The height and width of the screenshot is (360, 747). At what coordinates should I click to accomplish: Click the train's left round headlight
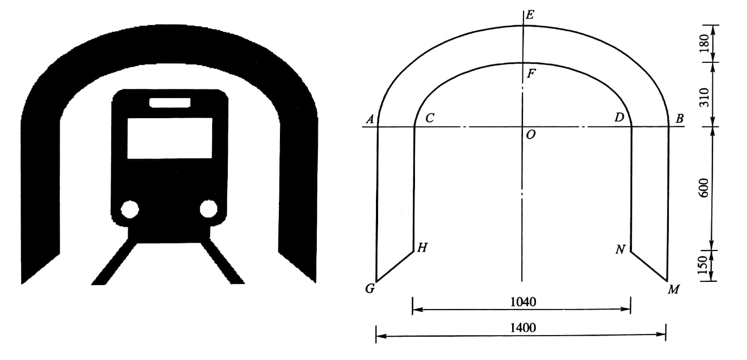coord(130,209)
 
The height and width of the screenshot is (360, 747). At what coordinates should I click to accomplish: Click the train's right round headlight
coord(209,209)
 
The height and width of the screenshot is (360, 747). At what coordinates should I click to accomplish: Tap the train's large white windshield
coord(170,138)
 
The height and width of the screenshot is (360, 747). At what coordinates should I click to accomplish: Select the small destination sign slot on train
coord(170,102)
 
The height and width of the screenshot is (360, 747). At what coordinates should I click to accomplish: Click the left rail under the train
coord(114,263)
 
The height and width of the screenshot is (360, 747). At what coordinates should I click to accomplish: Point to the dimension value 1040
coord(523,302)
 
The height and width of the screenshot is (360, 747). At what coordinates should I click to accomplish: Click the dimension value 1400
coord(523,328)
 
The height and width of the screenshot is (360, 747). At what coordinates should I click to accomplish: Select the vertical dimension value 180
coord(704,43)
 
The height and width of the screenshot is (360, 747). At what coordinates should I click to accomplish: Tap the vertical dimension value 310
coord(704,98)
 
